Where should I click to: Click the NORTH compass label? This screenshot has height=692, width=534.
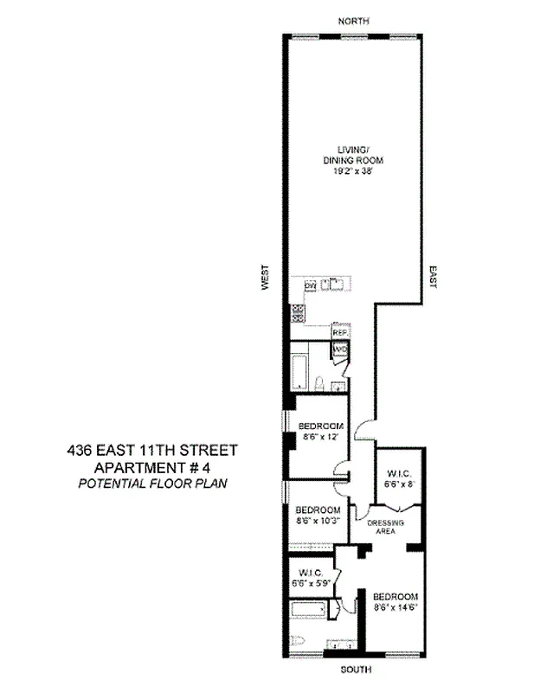tap(354, 20)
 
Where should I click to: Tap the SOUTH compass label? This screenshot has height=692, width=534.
tap(354, 668)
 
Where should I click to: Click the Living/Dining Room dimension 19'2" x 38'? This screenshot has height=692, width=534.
tap(353, 172)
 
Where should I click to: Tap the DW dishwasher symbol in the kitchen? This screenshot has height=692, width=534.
tap(308, 285)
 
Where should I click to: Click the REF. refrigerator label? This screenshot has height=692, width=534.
tap(340, 332)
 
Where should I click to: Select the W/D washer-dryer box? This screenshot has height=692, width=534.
tap(340, 349)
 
